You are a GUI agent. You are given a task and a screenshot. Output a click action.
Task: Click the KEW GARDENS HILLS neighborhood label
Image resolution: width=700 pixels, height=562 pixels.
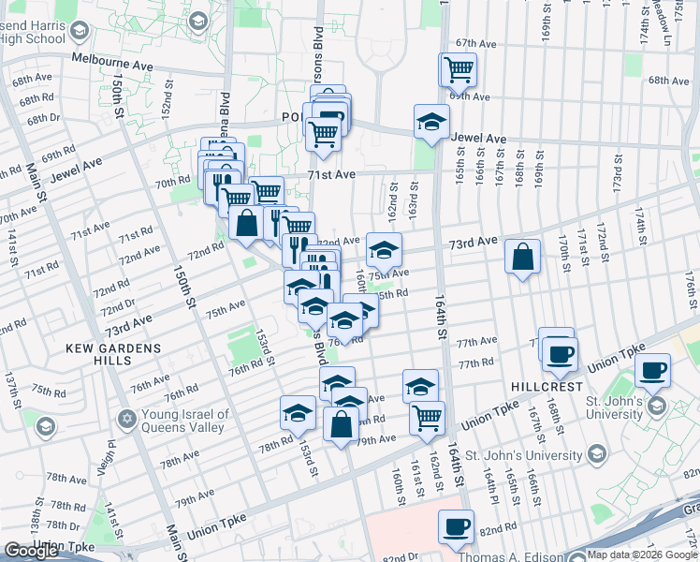(113, 348)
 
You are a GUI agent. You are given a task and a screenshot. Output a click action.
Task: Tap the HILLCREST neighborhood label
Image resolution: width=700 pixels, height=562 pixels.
(547, 386)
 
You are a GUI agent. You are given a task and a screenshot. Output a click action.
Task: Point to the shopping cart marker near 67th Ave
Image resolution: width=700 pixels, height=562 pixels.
(458, 68)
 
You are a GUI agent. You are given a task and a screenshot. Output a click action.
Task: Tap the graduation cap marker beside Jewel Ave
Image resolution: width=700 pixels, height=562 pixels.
(431, 122)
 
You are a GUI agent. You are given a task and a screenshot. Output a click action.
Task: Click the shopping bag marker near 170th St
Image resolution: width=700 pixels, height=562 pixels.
(523, 258)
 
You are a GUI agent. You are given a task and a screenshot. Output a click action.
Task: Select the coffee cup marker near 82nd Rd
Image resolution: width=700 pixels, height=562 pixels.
(456, 527)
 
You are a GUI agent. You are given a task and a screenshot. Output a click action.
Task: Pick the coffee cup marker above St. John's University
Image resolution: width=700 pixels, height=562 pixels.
(652, 371)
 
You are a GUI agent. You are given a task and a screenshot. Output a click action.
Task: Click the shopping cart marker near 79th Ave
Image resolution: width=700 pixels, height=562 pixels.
(427, 417)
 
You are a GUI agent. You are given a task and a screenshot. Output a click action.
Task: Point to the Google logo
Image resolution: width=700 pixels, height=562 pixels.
(31, 551)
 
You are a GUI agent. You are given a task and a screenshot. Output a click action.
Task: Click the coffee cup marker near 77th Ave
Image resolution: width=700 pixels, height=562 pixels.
(560, 353)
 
